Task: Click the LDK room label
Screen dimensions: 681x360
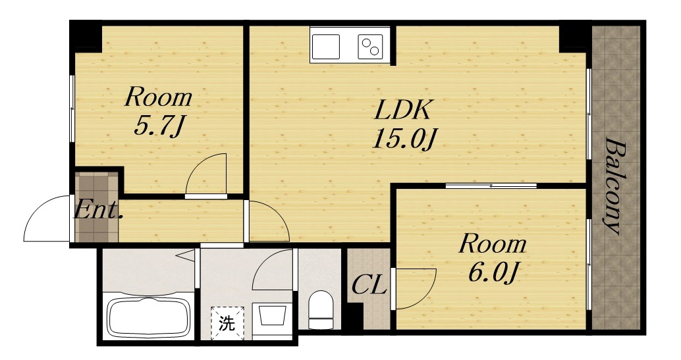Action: coord(402,110)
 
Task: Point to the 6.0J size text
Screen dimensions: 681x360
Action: coord(493,272)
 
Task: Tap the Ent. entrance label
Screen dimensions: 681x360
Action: coord(97,211)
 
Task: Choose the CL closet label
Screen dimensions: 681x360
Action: coord(369,286)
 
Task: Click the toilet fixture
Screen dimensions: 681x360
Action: coord(321,309)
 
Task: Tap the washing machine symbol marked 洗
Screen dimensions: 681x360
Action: coord(227,323)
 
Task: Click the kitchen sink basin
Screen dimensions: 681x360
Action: coord(325,47)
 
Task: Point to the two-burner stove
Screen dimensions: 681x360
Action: coord(370,47)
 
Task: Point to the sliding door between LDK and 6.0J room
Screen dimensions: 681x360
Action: coord(491,186)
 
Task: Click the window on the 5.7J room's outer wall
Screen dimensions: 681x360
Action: coord(72,109)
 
